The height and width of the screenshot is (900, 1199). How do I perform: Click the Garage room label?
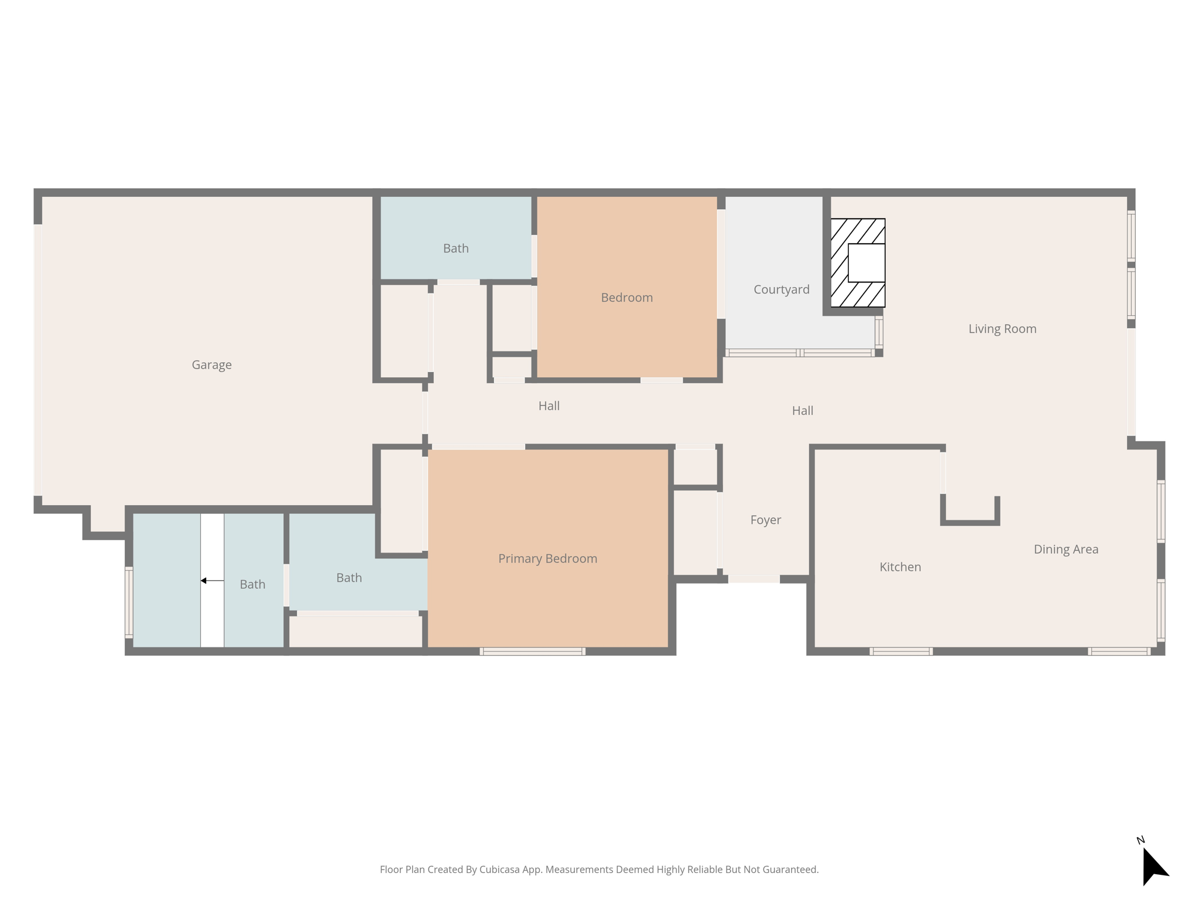click(x=211, y=365)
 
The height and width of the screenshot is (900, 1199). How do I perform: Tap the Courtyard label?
click(x=781, y=289)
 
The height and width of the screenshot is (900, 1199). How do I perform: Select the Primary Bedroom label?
click(x=547, y=558)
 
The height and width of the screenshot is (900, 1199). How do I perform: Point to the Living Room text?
click(x=1002, y=329)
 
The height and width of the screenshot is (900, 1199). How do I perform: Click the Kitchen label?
click(x=900, y=567)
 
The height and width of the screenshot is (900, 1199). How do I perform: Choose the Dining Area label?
click(x=1066, y=549)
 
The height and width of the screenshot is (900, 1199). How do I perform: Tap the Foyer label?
click(x=765, y=520)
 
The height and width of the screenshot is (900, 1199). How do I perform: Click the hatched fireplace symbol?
click(x=858, y=263)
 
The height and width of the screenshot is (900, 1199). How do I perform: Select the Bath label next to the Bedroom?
click(x=455, y=248)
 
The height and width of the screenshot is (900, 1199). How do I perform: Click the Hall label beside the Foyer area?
click(x=802, y=411)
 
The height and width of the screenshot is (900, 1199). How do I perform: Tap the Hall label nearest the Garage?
click(x=549, y=405)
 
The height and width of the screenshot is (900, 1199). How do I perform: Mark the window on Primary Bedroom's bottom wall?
click(x=532, y=651)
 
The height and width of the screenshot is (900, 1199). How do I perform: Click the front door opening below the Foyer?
click(x=753, y=579)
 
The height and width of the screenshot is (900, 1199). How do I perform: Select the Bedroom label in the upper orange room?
click(x=626, y=298)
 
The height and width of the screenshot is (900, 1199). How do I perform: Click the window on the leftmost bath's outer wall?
click(x=129, y=602)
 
